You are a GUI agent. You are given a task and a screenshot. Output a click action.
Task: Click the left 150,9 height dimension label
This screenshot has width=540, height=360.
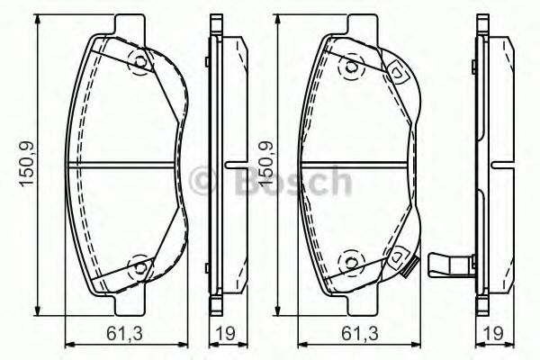click(x=27, y=162)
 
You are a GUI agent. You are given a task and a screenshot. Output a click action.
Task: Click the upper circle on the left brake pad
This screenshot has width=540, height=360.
click(x=139, y=61)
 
